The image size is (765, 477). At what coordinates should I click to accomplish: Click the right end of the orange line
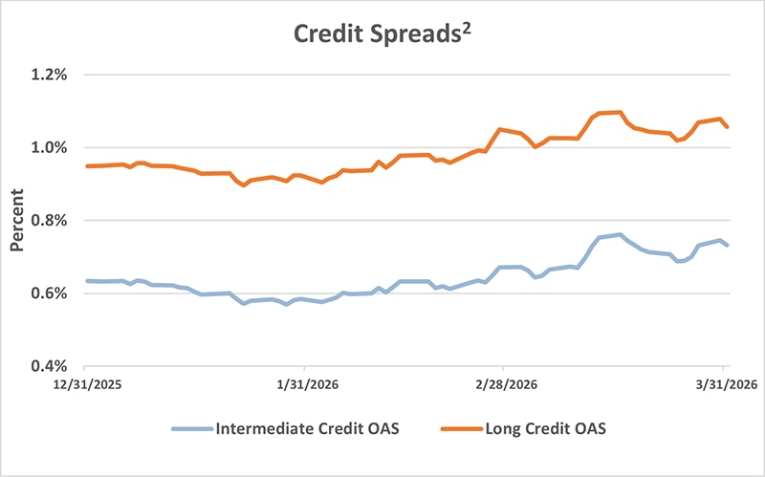728,126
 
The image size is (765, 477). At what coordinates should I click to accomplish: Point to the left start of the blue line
86,281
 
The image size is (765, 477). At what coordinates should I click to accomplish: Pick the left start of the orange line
86,166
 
